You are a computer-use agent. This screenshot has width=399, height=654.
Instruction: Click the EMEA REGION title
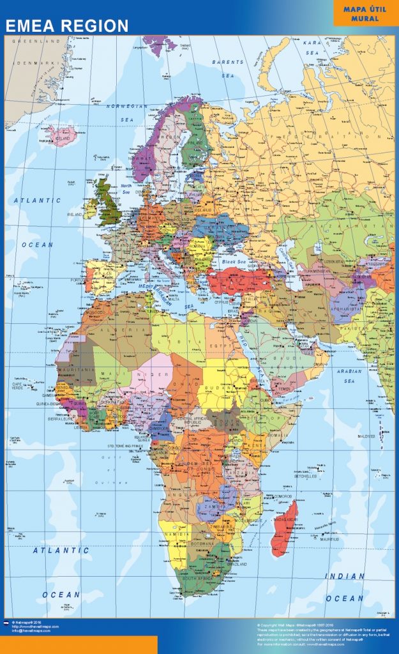tap(67, 26)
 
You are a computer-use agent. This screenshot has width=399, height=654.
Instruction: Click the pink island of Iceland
tap(63, 136)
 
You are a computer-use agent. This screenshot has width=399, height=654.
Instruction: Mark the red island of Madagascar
tap(284, 527)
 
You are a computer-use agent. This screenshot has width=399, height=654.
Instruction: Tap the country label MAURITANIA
tap(76, 370)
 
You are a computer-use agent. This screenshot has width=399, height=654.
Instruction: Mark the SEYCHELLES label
tap(306, 476)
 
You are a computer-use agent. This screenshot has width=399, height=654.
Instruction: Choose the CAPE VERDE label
tap(17, 385)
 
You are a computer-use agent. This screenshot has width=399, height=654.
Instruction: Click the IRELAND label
tap(75, 215)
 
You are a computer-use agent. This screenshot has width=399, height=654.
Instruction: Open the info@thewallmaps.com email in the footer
tap(33, 631)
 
